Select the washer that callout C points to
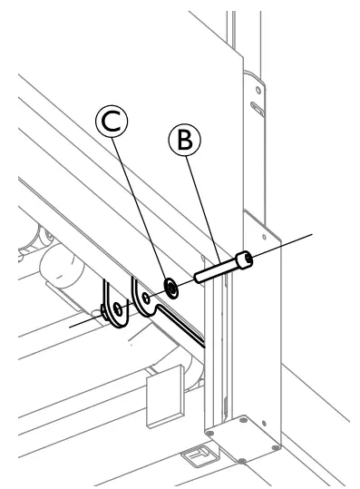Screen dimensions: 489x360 [x=170, y=288]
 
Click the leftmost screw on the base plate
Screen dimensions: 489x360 [x=210, y=433]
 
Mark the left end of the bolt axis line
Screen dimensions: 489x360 [x=70, y=325]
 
